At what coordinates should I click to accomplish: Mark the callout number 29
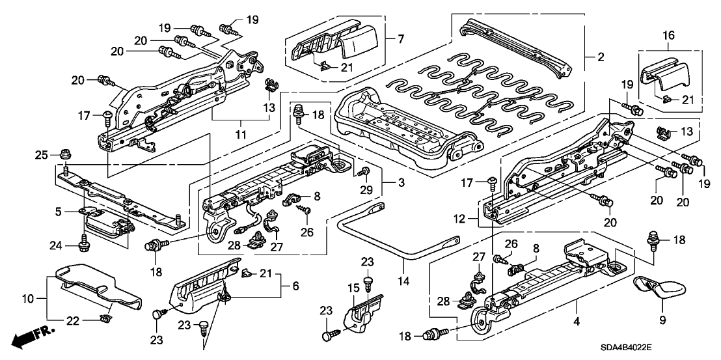[x=366, y=189]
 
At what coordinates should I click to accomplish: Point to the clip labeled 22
[x=105, y=318]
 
